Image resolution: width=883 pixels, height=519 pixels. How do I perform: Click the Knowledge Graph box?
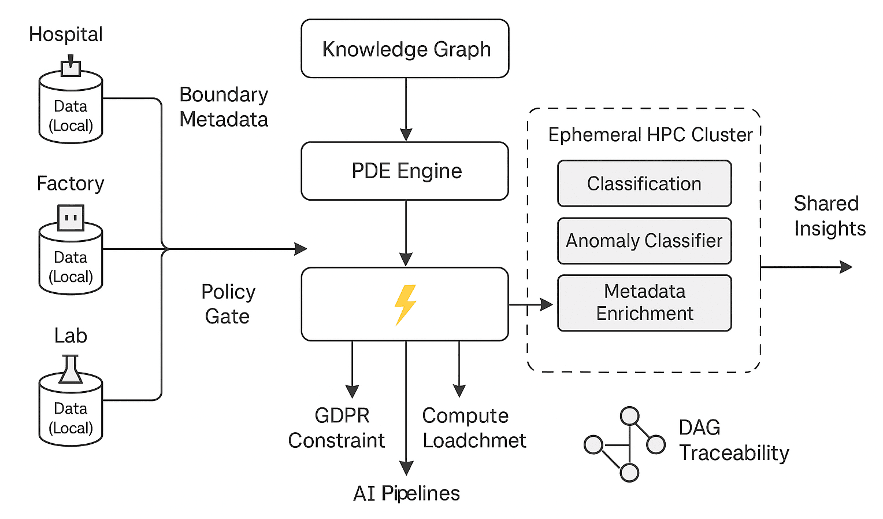[x=405, y=49]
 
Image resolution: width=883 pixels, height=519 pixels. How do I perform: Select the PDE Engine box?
[x=405, y=171]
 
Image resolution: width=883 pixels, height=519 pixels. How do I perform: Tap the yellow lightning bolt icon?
[x=405, y=304]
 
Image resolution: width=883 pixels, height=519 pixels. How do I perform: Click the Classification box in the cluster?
[x=644, y=183]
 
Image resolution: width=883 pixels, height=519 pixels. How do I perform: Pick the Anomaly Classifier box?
[x=644, y=241]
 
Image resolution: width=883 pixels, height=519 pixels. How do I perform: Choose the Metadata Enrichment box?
[x=644, y=303]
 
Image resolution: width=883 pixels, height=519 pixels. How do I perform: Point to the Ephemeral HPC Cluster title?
[x=650, y=135]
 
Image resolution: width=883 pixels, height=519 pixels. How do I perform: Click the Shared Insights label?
[x=829, y=216]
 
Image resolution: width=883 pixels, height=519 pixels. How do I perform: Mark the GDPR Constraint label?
[x=336, y=428]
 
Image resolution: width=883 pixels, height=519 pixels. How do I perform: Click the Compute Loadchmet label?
[x=474, y=428]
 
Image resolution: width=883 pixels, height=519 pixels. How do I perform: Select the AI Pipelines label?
[x=406, y=493]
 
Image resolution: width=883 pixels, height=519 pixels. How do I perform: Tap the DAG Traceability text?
[x=733, y=440]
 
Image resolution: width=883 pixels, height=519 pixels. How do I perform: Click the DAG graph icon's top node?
[x=629, y=416]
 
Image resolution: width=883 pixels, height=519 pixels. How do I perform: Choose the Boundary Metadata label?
[x=224, y=107]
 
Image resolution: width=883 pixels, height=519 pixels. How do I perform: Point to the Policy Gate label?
[x=228, y=304]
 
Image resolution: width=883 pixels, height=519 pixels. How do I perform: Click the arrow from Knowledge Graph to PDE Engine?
[x=406, y=109]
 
